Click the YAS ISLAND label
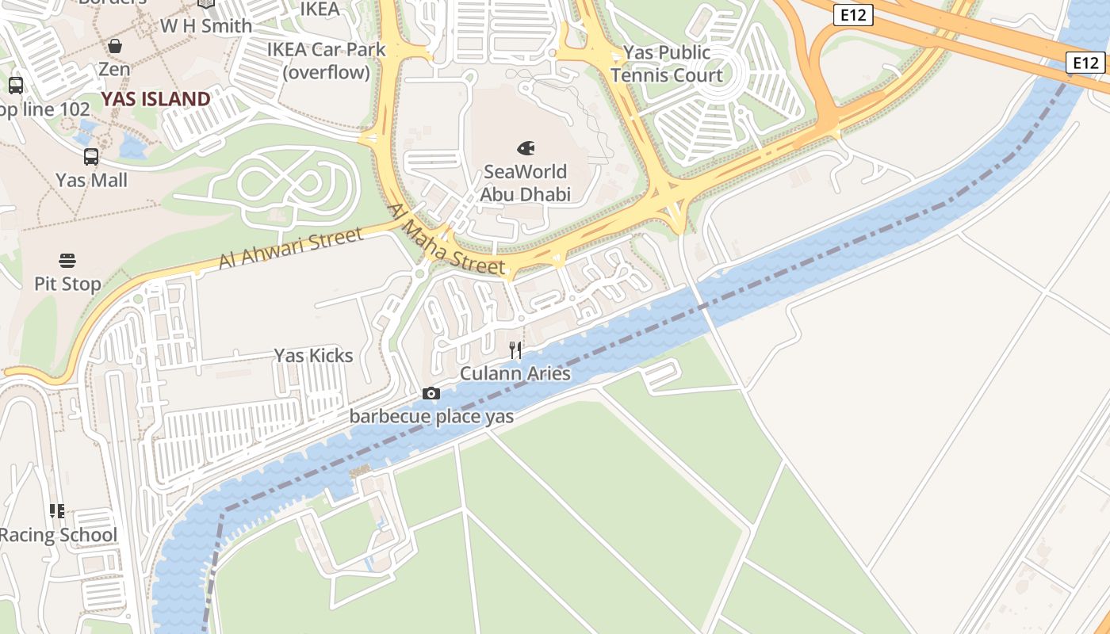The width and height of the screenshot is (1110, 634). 155,99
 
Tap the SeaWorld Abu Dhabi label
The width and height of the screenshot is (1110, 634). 526,183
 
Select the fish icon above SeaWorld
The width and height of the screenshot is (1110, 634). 526,148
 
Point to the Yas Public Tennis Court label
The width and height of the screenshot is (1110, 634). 666,64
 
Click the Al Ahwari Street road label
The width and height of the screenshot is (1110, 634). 291,248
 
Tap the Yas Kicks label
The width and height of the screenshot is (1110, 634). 313,355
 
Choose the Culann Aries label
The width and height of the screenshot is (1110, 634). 515,373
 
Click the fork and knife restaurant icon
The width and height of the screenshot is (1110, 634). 515,349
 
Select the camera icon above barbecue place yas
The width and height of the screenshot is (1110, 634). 431,393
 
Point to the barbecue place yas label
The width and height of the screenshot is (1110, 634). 431,416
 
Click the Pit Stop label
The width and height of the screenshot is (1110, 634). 67,284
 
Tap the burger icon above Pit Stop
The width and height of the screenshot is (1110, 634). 67,260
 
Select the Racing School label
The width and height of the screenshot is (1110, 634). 59,535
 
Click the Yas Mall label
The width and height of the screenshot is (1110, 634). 91,180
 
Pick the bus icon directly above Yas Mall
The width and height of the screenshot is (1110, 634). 91,157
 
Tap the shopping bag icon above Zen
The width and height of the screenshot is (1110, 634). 115,46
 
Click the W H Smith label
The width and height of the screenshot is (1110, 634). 206,26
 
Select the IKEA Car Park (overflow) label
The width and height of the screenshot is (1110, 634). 326,61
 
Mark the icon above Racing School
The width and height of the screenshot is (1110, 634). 56,511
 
